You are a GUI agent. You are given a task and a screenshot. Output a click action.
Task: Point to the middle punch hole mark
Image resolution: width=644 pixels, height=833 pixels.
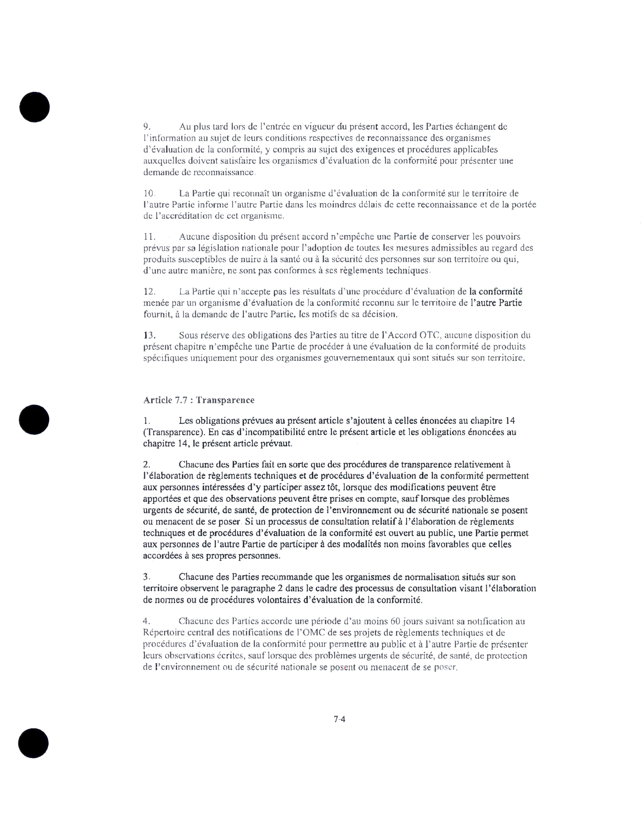tap(34, 420)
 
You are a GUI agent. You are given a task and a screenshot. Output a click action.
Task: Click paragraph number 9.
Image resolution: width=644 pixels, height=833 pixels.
tap(147, 126)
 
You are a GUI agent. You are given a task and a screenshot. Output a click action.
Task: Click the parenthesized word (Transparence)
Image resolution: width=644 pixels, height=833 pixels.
tap(171, 432)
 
